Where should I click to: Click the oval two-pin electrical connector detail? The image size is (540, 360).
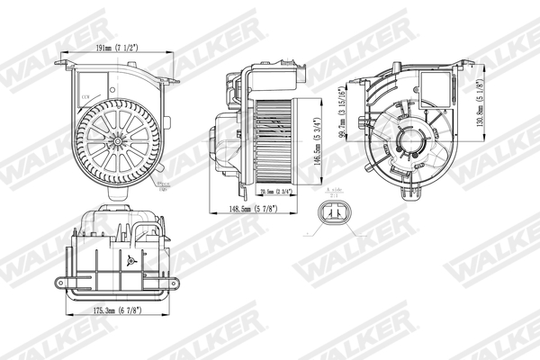pos(337,216)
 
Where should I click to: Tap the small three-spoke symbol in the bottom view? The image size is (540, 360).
pos(130,261)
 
